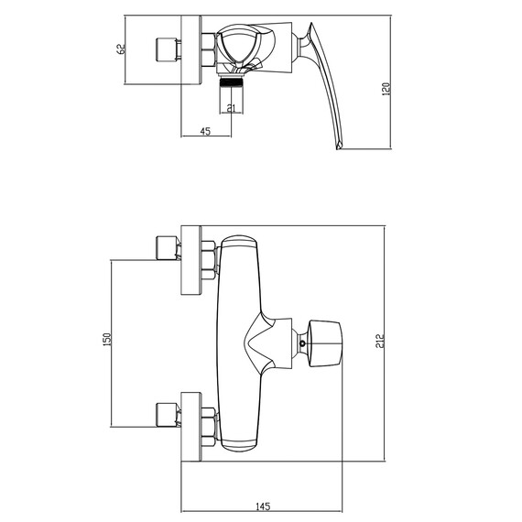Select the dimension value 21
pyautogui.click(x=231, y=108)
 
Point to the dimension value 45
pyautogui.click(x=204, y=131)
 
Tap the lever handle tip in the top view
pyautogui.click(x=338, y=142)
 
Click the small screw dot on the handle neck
pyautogui.click(x=304, y=345)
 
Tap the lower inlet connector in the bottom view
pyautogui.click(x=168, y=414)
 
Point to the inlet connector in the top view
pyautogui.click(x=169, y=49)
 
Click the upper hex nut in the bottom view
pyautogui.click(x=210, y=259)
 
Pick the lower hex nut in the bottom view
pyautogui.click(x=210, y=426)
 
